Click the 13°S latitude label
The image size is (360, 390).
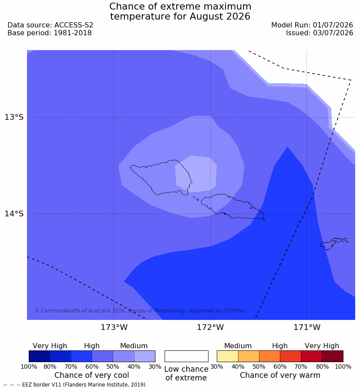click(14, 117)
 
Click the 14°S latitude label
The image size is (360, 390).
click(14, 213)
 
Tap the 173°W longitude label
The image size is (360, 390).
click(114, 327)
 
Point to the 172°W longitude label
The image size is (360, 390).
click(211, 327)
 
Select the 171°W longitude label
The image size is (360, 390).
click(307, 327)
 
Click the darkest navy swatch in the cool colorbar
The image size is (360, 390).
click(39, 356)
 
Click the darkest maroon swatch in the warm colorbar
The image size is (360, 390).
click(333, 356)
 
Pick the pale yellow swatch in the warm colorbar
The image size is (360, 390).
click(227, 356)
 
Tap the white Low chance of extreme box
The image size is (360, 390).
click(186, 356)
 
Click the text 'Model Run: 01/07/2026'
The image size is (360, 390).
click(312, 25)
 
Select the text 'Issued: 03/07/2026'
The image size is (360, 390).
click(320, 33)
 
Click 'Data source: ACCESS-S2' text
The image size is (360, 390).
click(50, 25)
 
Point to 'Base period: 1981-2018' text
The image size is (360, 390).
click(50, 33)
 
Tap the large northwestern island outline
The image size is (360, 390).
click(130, 166)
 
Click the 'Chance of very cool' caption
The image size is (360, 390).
click(91, 375)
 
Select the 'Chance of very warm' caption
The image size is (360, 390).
click(280, 375)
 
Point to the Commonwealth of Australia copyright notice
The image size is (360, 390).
click(140, 311)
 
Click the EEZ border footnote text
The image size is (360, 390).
click(75, 385)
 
